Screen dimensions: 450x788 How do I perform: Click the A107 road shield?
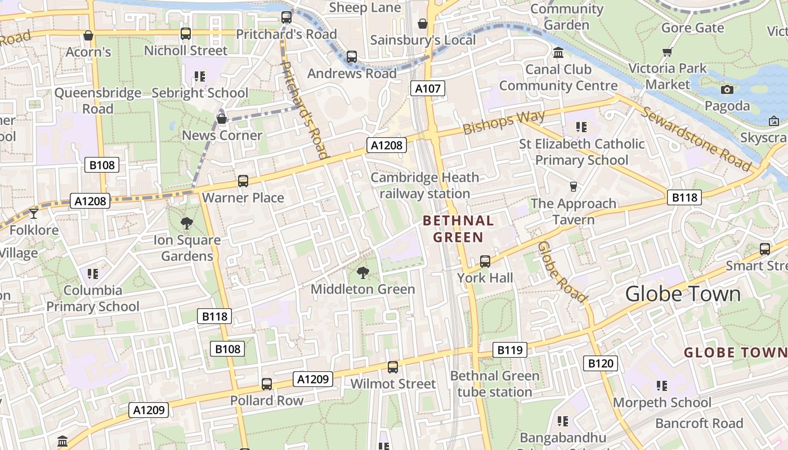click(428, 88)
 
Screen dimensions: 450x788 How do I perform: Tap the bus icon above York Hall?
click(485, 262)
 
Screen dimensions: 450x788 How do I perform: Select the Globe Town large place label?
click(683, 294)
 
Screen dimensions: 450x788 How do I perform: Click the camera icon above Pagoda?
click(727, 89)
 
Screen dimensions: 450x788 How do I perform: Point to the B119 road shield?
click(510, 350)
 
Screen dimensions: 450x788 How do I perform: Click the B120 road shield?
click(600, 363)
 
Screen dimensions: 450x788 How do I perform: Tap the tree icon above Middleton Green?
click(363, 273)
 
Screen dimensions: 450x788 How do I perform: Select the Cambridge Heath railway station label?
click(424, 186)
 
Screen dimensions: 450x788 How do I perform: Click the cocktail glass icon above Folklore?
click(34, 213)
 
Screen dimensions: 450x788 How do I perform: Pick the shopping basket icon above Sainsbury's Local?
click(423, 24)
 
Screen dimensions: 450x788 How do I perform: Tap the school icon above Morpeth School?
click(662, 386)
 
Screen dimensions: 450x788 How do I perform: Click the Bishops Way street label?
click(504, 122)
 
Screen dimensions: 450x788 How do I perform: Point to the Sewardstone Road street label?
click(697, 138)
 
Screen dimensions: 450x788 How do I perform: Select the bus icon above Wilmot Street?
click(393, 367)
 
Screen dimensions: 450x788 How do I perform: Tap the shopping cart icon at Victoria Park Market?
click(668, 52)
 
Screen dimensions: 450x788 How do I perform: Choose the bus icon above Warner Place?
click(243, 181)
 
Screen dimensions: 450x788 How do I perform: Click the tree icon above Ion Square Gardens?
click(187, 223)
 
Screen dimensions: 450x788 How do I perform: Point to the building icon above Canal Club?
click(558, 53)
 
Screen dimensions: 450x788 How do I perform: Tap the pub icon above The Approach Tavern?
click(574, 186)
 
